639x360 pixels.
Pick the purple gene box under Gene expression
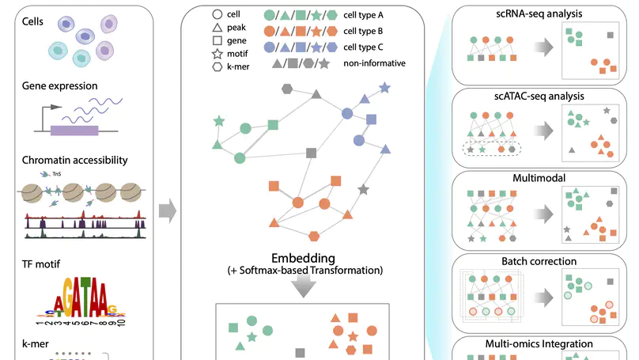[74, 131]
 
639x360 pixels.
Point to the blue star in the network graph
[384, 88]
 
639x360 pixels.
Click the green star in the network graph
[218, 122]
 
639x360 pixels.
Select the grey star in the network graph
[363, 189]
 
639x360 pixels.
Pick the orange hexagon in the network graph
[314, 235]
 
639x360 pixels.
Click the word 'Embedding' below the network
[303, 258]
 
